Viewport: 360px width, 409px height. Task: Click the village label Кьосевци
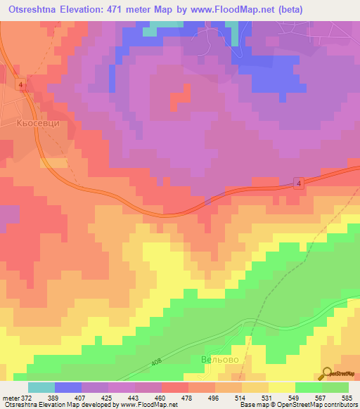36,122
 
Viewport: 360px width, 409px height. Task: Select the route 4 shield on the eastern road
299,183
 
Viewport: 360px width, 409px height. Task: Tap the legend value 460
161,397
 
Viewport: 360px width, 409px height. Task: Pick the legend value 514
241,397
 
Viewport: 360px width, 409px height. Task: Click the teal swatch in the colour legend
41,387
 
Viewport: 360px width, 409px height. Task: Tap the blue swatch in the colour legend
67,387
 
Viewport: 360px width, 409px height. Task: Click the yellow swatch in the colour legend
281,387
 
